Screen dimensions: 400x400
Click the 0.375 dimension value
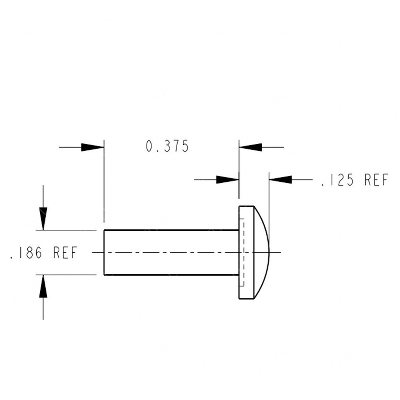coord(167,146)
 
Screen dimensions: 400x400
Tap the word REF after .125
coord(376,180)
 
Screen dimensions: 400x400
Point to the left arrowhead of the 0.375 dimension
coord(93,147)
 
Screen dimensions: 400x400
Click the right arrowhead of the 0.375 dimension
coord(250,147)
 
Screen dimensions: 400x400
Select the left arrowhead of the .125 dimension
coord(227,180)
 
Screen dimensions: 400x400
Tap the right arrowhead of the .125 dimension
coord(280,180)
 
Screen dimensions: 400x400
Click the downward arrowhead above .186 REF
coord(43,219)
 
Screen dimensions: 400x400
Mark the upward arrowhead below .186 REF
coord(43,286)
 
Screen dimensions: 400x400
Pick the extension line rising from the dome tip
coord(269,203)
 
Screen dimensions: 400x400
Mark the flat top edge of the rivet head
coord(246,206)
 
